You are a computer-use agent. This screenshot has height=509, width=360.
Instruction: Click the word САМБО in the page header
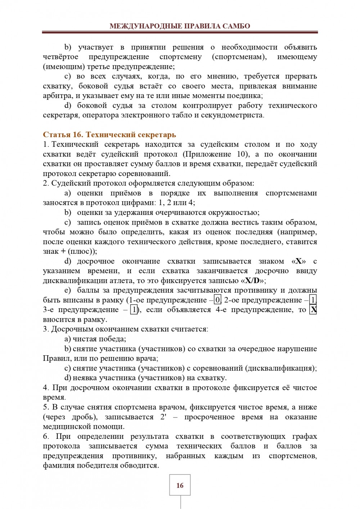(x=236, y=26)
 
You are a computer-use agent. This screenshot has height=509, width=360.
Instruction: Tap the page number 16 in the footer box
(x=180, y=485)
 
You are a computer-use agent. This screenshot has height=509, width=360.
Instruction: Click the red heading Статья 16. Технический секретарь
(x=109, y=135)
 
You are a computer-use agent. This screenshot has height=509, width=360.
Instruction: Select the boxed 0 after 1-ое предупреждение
(x=217, y=300)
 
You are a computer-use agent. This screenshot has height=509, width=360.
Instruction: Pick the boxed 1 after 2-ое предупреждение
(x=314, y=300)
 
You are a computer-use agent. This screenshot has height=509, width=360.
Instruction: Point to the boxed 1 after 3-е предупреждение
(x=134, y=310)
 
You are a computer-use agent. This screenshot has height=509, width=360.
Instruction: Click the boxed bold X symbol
(x=313, y=310)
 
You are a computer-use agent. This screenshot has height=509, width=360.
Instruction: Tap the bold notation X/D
(x=255, y=280)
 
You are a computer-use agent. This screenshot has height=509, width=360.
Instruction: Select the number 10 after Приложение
(x=242, y=154)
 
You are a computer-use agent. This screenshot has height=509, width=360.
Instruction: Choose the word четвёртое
(x=60, y=57)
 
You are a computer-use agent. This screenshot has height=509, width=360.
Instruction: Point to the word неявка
(x=85, y=378)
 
